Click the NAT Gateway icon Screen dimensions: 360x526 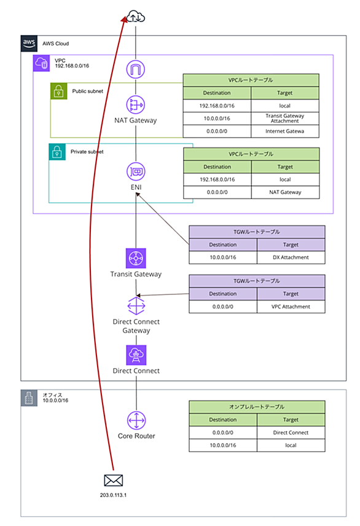tap(136, 104)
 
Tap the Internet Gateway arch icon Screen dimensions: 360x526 tap(136, 69)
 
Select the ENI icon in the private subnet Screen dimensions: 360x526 tap(136, 172)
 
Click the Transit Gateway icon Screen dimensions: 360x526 tap(136, 258)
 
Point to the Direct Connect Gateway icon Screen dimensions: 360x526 tap(136, 306)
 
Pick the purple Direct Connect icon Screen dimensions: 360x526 tap(136, 355)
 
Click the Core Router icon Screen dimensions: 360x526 tap(136, 420)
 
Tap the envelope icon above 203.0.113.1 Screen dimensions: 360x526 tap(114, 481)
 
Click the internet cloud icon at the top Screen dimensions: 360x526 tap(136, 16)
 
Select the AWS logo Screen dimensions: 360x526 tap(29, 43)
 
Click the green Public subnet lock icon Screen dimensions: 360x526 tap(59, 91)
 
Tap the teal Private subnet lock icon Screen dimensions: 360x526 tap(57, 152)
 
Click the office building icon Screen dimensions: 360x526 tap(29, 398)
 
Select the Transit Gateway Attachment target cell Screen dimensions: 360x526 tap(285, 119)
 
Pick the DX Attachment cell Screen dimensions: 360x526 tap(291, 257)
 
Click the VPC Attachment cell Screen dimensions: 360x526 tap(291, 307)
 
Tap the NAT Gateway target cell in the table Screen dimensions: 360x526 tap(285, 192)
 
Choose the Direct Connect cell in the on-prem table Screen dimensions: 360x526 tap(291, 433)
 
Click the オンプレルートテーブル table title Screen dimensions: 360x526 tap(257, 407)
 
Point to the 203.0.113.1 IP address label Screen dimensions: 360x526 tap(114, 495)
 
